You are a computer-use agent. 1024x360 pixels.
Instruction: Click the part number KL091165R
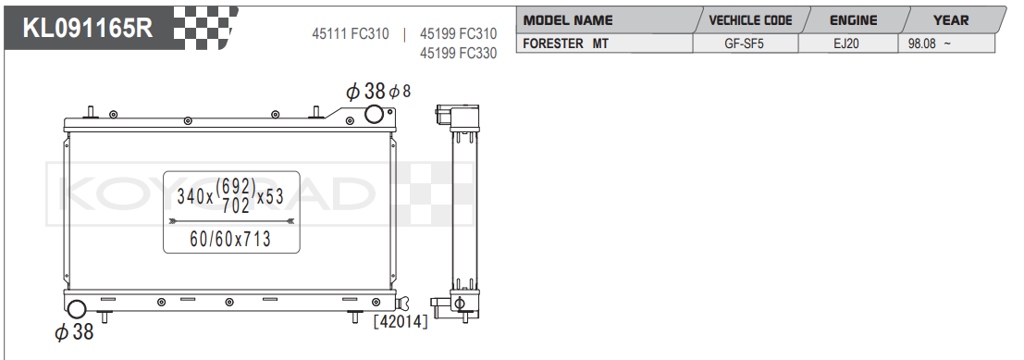(88, 28)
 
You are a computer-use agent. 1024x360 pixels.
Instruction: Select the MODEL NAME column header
(568, 20)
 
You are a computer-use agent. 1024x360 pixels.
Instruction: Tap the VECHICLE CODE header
(750, 20)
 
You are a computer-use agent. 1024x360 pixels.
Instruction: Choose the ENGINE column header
(853, 20)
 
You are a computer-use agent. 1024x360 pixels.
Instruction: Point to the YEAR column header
(951, 20)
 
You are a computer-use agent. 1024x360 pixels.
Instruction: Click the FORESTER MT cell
(565, 43)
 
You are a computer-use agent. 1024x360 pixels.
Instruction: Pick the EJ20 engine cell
(847, 43)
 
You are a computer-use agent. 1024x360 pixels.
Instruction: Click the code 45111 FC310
(350, 34)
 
